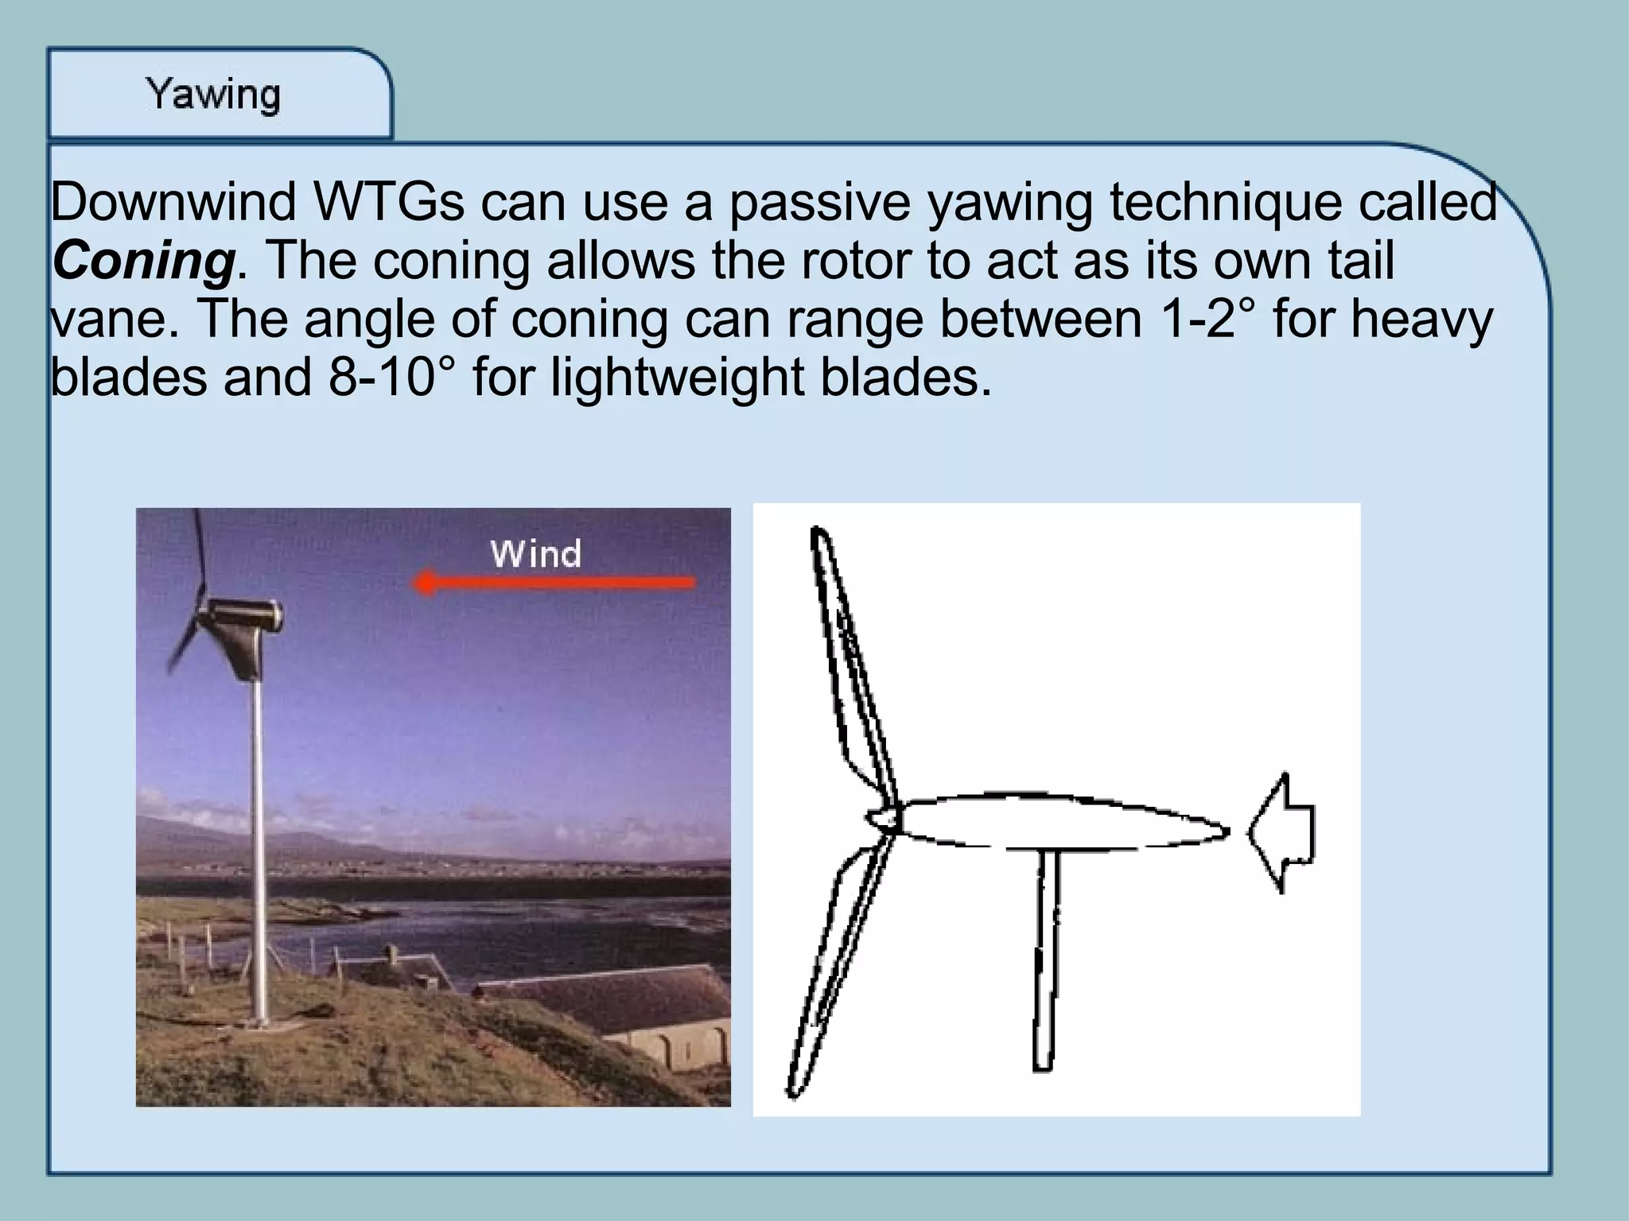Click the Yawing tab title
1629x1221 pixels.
pyautogui.click(x=213, y=95)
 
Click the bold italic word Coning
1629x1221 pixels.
pyautogui.click(x=143, y=261)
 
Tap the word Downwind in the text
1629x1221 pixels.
pyautogui.click(x=173, y=202)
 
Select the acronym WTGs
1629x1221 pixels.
pyautogui.click(x=390, y=202)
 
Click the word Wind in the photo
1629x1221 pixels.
pyautogui.click(x=535, y=553)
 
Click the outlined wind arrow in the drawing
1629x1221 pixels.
pyautogui.click(x=1280, y=831)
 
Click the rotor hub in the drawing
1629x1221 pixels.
pyautogui.click(x=883, y=819)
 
